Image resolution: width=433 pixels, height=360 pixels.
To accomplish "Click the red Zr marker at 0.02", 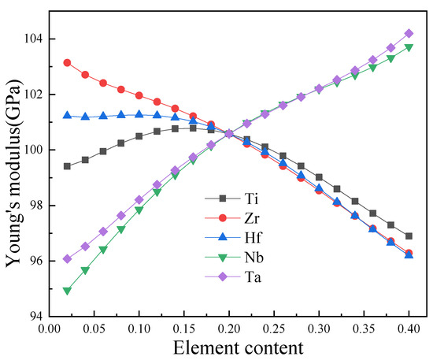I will click(x=67, y=62).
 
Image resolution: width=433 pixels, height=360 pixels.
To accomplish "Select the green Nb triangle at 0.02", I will click(x=67, y=291).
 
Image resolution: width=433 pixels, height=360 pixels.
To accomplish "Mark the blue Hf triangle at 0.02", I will click(x=67, y=116).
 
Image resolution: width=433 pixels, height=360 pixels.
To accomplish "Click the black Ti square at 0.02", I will click(x=67, y=166).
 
